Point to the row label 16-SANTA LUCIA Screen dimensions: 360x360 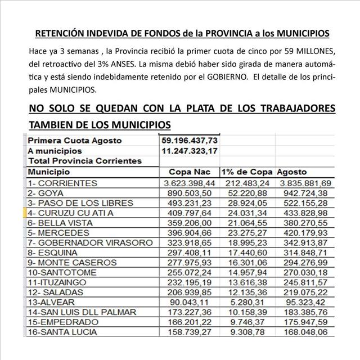click(67, 332)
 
